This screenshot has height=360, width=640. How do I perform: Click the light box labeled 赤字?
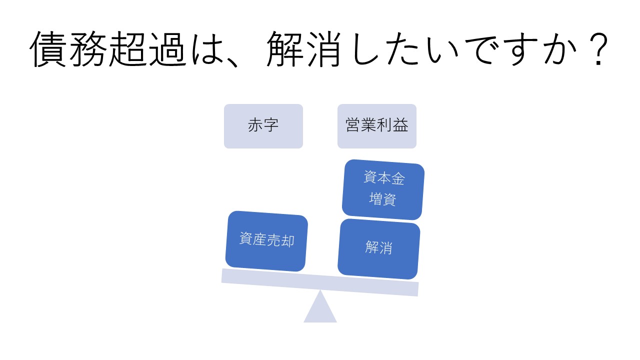click(x=263, y=126)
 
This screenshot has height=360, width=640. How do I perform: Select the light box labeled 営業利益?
click(x=377, y=126)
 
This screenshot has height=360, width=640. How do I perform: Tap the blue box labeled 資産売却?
click(x=266, y=241)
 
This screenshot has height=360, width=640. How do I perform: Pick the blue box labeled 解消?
click(x=379, y=249)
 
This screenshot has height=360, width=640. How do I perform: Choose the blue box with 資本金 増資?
click(x=383, y=189)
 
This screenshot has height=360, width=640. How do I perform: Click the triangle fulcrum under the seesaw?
click(x=320, y=306)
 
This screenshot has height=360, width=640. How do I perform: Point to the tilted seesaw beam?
click(x=320, y=282)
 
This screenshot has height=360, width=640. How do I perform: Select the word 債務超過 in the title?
click(x=108, y=49)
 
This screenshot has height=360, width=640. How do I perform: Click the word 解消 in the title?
click(x=303, y=49)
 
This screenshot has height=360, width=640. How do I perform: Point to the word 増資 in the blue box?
click(x=382, y=199)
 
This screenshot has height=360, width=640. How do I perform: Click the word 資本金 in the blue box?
click(x=384, y=177)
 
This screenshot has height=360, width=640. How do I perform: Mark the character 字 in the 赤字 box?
click(x=271, y=125)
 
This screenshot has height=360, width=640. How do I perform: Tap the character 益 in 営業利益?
click(x=400, y=125)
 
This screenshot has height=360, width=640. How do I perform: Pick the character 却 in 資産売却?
click(x=287, y=241)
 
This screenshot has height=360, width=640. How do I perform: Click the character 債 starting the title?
click(x=48, y=49)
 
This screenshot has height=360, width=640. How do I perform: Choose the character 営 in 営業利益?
click(x=353, y=125)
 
